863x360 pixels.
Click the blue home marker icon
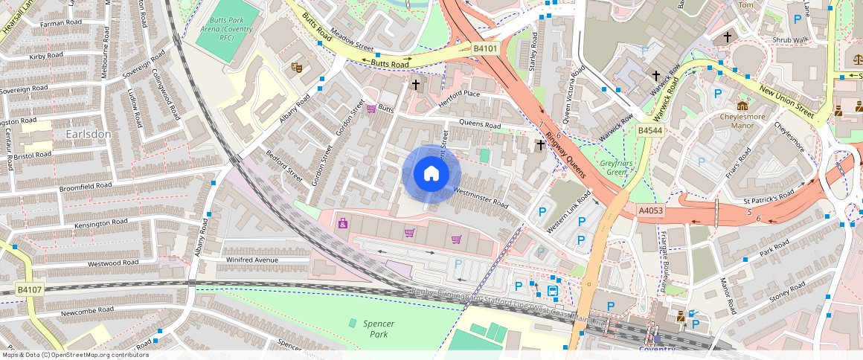(431, 174)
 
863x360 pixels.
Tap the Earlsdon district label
(89, 134)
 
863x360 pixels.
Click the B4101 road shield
(485, 48)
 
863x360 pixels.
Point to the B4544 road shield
(649, 131)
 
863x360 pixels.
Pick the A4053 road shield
(650, 210)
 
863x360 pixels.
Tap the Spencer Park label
(379, 329)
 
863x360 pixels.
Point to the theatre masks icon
(296, 67)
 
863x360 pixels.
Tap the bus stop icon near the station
(554, 291)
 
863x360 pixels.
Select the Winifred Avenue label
(251, 260)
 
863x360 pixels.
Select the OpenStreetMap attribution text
(74, 355)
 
